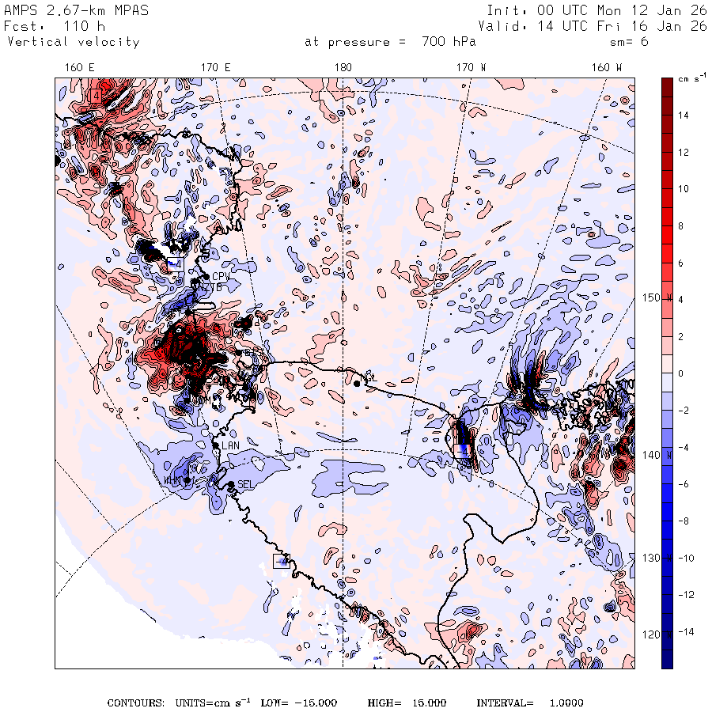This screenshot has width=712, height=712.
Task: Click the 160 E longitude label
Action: [81, 67]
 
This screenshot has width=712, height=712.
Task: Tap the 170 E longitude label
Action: [215, 67]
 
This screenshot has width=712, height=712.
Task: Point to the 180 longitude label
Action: [343, 67]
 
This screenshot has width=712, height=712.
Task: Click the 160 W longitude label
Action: [608, 67]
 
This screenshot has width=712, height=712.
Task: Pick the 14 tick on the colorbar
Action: [681, 115]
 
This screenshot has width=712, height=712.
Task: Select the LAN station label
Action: [230, 446]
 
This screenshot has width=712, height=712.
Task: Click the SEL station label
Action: [245, 484]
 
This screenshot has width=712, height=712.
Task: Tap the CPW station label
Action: [221, 276]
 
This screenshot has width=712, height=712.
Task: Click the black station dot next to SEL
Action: [230, 484]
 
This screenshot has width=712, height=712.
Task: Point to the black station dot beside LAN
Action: [215, 446]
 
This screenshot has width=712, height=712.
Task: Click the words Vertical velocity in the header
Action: [74, 42]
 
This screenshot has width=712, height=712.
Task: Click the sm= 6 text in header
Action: [630, 42]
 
